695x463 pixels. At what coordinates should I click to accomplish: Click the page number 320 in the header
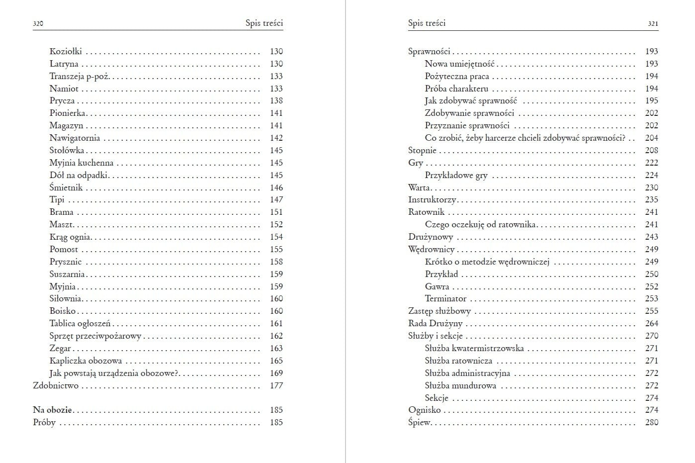click(x=38, y=23)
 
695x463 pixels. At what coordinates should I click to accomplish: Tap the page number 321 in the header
click(x=653, y=23)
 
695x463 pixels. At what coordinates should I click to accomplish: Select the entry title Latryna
click(x=64, y=64)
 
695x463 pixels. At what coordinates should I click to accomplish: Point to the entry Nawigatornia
click(x=75, y=138)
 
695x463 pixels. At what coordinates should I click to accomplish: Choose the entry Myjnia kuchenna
click(x=82, y=163)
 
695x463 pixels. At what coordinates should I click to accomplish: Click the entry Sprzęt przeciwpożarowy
click(x=95, y=336)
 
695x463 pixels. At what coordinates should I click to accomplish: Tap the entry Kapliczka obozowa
click(x=86, y=361)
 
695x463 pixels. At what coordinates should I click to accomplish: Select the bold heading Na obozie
click(x=52, y=410)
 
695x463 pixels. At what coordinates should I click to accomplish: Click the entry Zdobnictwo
click(x=56, y=385)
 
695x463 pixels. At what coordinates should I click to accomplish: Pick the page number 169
click(x=276, y=373)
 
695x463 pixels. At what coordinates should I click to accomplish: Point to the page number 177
click(x=276, y=385)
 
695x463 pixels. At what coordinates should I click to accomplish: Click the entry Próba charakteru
click(x=456, y=89)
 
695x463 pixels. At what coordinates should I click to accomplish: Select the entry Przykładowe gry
click(x=456, y=175)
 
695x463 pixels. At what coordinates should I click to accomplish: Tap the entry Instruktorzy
click(x=432, y=199)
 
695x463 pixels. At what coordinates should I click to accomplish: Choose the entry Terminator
click(x=445, y=298)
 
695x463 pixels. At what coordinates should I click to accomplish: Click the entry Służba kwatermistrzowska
click(x=474, y=348)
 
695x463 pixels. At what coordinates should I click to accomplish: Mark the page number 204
click(x=651, y=138)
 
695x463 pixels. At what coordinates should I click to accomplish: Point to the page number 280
click(x=651, y=422)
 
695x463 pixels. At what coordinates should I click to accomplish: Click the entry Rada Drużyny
click(x=435, y=323)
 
